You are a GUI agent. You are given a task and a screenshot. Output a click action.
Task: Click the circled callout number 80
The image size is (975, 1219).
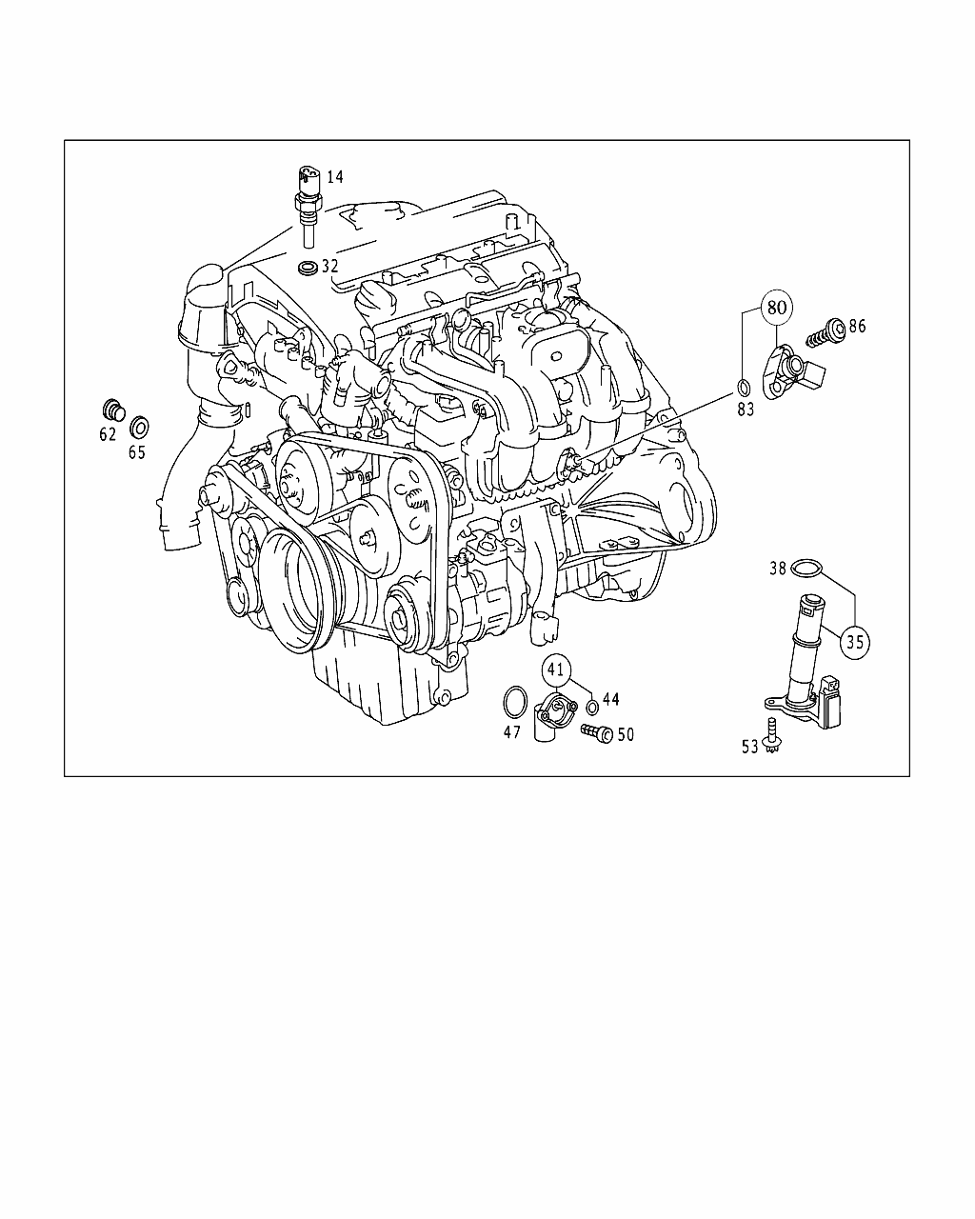777,308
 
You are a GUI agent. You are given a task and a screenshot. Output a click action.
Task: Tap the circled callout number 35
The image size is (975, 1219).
855,642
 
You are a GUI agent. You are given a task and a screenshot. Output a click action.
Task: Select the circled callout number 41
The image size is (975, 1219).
556,669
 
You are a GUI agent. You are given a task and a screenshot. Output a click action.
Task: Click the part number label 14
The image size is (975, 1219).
335,177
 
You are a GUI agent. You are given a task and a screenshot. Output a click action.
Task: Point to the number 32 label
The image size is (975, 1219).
329,266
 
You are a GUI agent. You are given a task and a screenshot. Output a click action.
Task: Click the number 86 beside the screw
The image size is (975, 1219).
857,326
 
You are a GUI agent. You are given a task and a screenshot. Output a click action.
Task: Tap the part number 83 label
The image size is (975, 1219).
746,410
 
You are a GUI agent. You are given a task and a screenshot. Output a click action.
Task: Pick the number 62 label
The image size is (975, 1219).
108,434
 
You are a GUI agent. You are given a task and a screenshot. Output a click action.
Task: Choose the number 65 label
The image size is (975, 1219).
137,452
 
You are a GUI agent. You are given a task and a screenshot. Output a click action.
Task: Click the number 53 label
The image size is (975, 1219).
750,748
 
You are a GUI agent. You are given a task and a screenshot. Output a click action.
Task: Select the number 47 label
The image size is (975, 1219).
512,732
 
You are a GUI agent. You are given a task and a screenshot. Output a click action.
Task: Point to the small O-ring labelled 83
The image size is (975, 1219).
745,388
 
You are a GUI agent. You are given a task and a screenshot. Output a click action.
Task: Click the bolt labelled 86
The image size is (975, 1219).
826,332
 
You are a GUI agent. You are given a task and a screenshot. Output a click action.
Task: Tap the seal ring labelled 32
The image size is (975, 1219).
308,268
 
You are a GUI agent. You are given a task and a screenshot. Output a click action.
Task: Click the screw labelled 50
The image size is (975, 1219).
597,733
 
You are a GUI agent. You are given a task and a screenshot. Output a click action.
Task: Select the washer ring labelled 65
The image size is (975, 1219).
139,428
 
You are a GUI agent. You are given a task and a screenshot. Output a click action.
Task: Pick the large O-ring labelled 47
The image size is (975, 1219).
515,703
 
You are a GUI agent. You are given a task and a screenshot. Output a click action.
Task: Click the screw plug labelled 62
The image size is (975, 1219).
113,410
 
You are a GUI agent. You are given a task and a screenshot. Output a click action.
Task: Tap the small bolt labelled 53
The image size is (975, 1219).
771,735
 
